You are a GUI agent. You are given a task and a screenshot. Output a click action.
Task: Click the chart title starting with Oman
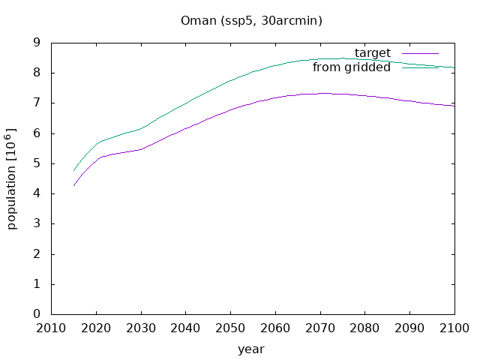click(251, 21)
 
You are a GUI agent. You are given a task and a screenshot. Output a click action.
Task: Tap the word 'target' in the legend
click(373, 53)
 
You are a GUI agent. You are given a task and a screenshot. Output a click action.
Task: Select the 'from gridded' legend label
click(352, 67)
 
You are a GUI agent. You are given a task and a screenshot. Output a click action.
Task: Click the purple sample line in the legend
click(420, 53)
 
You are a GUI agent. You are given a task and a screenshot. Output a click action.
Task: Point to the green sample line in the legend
click(420, 67)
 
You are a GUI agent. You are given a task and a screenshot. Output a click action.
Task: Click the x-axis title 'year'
click(251, 349)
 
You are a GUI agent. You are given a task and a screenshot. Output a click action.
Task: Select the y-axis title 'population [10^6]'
click(11, 178)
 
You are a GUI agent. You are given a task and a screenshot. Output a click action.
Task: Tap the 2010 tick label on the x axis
click(51, 328)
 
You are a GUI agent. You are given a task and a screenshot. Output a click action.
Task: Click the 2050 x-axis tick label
click(230, 328)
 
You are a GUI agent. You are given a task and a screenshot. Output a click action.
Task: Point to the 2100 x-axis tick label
click(454, 328)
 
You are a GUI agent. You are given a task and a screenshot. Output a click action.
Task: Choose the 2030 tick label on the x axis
click(141, 328)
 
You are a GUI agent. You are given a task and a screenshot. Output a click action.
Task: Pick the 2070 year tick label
click(320, 328)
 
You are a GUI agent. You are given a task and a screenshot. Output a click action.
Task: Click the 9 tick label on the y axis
click(37, 43)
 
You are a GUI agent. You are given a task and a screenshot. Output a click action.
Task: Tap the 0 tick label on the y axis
click(37, 313)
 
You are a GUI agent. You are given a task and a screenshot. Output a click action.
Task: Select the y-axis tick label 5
click(37, 163)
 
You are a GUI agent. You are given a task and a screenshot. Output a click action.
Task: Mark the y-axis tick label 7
click(37, 103)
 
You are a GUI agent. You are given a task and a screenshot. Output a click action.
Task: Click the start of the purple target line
click(73, 186)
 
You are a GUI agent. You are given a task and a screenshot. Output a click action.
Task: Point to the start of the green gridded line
click(73, 171)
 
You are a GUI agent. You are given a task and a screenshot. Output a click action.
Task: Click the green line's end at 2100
click(454, 67)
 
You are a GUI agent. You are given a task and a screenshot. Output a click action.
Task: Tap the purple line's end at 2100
click(454, 106)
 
